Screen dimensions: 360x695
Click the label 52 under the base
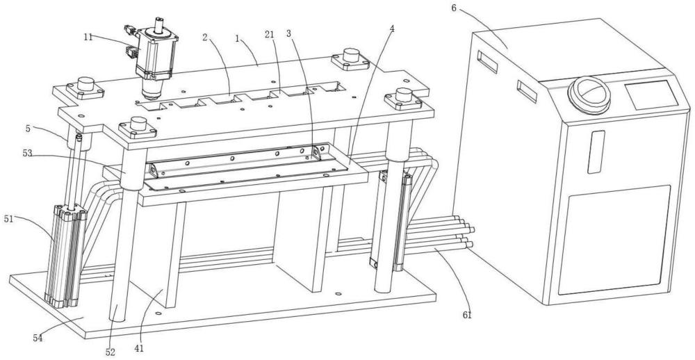[110, 352]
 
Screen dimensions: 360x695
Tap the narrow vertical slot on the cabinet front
[594, 152]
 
